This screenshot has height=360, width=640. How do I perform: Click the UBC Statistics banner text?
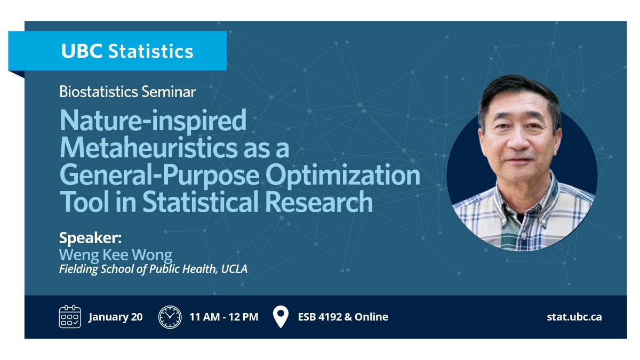(127, 51)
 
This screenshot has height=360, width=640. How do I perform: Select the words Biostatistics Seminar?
(127, 92)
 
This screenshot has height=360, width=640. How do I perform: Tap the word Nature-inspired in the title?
(153, 121)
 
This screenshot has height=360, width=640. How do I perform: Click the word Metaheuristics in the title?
(149, 148)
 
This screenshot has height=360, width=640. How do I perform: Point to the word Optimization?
(343, 175)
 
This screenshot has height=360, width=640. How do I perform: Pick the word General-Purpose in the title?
(159, 175)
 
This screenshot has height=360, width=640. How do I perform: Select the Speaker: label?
(90, 238)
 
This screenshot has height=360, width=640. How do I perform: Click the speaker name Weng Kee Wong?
(116, 255)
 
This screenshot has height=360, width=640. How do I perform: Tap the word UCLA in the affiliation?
(234, 269)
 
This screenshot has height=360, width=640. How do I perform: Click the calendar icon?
(70, 316)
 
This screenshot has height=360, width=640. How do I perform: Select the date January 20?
(115, 317)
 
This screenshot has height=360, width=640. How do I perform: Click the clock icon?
(170, 317)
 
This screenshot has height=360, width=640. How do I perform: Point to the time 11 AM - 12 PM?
(224, 317)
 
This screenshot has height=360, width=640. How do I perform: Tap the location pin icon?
(281, 316)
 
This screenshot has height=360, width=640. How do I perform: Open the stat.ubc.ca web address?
(574, 317)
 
